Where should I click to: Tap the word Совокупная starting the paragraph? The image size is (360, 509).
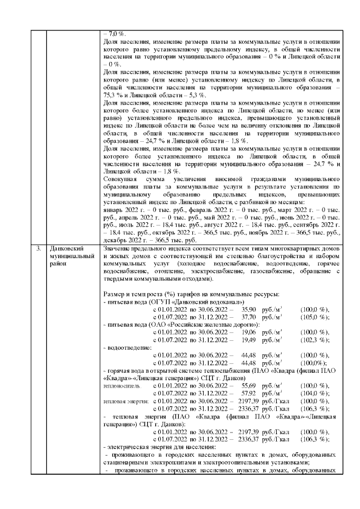121,179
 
